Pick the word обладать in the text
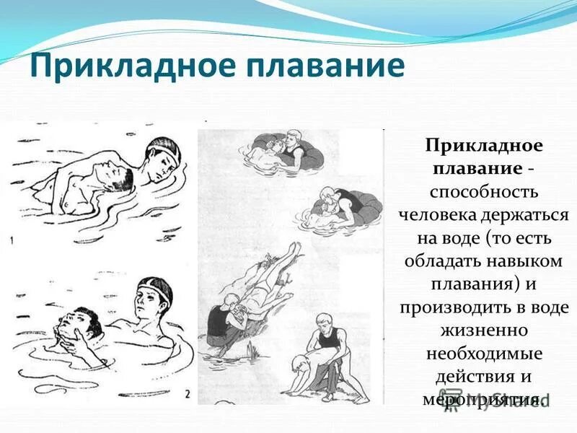click(x=436, y=261)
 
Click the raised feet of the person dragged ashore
click(x=292, y=249)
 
